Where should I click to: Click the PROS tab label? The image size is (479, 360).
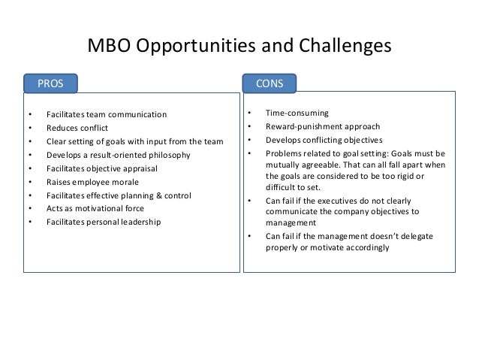[46, 81]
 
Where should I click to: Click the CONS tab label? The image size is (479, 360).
[269, 83]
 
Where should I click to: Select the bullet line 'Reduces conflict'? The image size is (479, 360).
[77, 128]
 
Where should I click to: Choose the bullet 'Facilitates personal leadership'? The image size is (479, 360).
[103, 222]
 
